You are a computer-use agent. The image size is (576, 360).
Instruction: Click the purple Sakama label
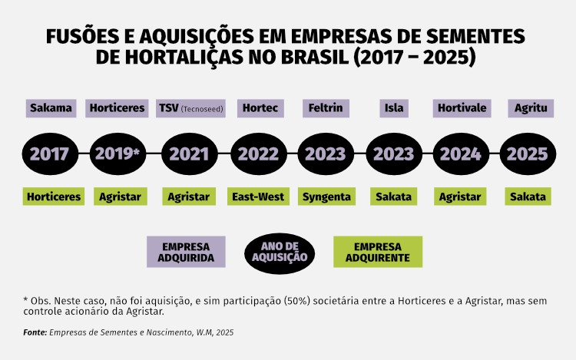pyautogui.click(x=51, y=108)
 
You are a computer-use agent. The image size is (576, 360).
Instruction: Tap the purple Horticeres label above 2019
pyautogui.click(x=117, y=108)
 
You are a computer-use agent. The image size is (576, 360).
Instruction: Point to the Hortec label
pyautogui.click(x=259, y=108)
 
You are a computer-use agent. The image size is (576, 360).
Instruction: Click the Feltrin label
pyautogui.click(x=326, y=108)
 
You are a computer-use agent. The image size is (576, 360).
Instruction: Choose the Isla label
pyautogui.click(x=393, y=108)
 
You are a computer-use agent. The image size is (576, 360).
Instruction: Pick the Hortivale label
pyautogui.click(x=462, y=108)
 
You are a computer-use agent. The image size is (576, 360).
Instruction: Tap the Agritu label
pyautogui.click(x=531, y=108)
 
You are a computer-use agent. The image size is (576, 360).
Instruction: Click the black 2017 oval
pyautogui.click(x=50, y=154)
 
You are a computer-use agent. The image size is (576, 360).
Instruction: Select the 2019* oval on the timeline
pyautogui.click(x=117, y=154)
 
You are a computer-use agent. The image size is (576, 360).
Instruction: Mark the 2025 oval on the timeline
pyautogui.click(x=528, y=154)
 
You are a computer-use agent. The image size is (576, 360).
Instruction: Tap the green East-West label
pyautogui.click(x=258, y=197)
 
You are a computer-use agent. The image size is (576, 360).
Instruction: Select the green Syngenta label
pyautogui.click(x=326, y=197)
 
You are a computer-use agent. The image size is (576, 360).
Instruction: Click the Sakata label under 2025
pyautogui.click(x=528, y=197)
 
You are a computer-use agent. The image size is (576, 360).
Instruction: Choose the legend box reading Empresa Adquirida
pyautogui.click(x=186, y=252)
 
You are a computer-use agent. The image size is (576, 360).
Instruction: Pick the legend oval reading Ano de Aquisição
pyautogui.click(x=280, y=252)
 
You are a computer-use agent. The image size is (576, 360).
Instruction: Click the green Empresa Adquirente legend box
pyautogui.click(x=378, y=252)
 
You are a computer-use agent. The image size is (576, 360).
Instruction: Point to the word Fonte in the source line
pyautogui.click(x=35, y=333)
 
